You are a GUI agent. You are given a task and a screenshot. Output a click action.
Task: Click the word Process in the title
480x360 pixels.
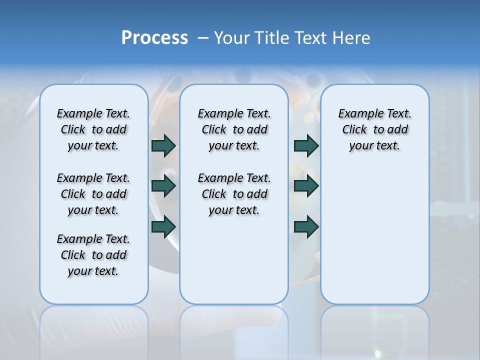click(154, 37)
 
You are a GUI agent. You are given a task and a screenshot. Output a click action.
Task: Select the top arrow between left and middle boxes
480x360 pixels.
click(163, 145)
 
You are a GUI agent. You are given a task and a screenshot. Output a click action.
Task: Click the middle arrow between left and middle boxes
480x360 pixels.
click(163, 186)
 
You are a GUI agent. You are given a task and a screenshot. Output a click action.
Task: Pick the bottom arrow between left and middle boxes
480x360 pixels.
click(163, 227)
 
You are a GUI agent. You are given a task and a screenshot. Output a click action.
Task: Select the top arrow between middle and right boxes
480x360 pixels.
click(306, 145)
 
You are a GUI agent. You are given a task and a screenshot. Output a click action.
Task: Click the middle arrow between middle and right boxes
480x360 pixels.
click(306, 186)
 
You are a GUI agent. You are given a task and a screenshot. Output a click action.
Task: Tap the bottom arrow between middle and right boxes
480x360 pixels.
click(306, 227)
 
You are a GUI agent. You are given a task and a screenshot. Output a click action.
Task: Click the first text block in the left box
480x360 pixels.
click(93, 129)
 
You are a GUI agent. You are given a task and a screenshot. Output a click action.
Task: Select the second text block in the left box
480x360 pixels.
click(93, 194)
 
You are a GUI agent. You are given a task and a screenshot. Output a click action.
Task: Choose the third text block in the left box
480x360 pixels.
click(93, 255)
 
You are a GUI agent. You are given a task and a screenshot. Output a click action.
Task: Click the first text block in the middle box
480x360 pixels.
click(234, 129)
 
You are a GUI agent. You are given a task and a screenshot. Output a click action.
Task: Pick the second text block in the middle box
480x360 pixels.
click(234, 194)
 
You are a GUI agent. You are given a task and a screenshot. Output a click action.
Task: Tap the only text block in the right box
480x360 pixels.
click(375, 129)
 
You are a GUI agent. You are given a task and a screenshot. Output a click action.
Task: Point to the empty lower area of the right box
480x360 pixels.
click(375, 235)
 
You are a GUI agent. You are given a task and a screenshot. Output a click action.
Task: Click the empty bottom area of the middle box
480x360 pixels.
click(234, 265)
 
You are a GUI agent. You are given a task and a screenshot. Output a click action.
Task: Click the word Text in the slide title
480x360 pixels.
click(311, 38)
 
